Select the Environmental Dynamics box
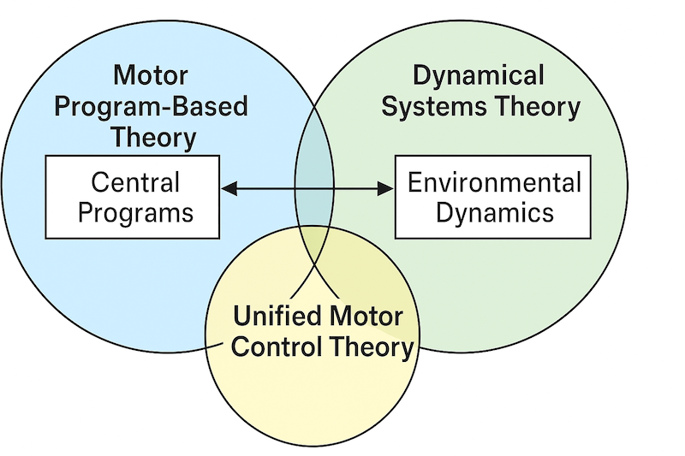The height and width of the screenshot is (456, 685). (494, 197)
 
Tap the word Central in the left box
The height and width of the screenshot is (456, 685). (135, 182)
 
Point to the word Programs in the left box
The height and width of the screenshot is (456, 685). (135, 211)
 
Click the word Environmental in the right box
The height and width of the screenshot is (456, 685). (494, 182)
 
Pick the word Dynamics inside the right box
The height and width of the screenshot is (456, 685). (494, 211)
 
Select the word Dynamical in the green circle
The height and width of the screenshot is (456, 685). (478, 76)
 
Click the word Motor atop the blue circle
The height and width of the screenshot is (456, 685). (150, 77)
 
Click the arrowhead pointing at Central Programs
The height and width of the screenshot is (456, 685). (226, 187)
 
